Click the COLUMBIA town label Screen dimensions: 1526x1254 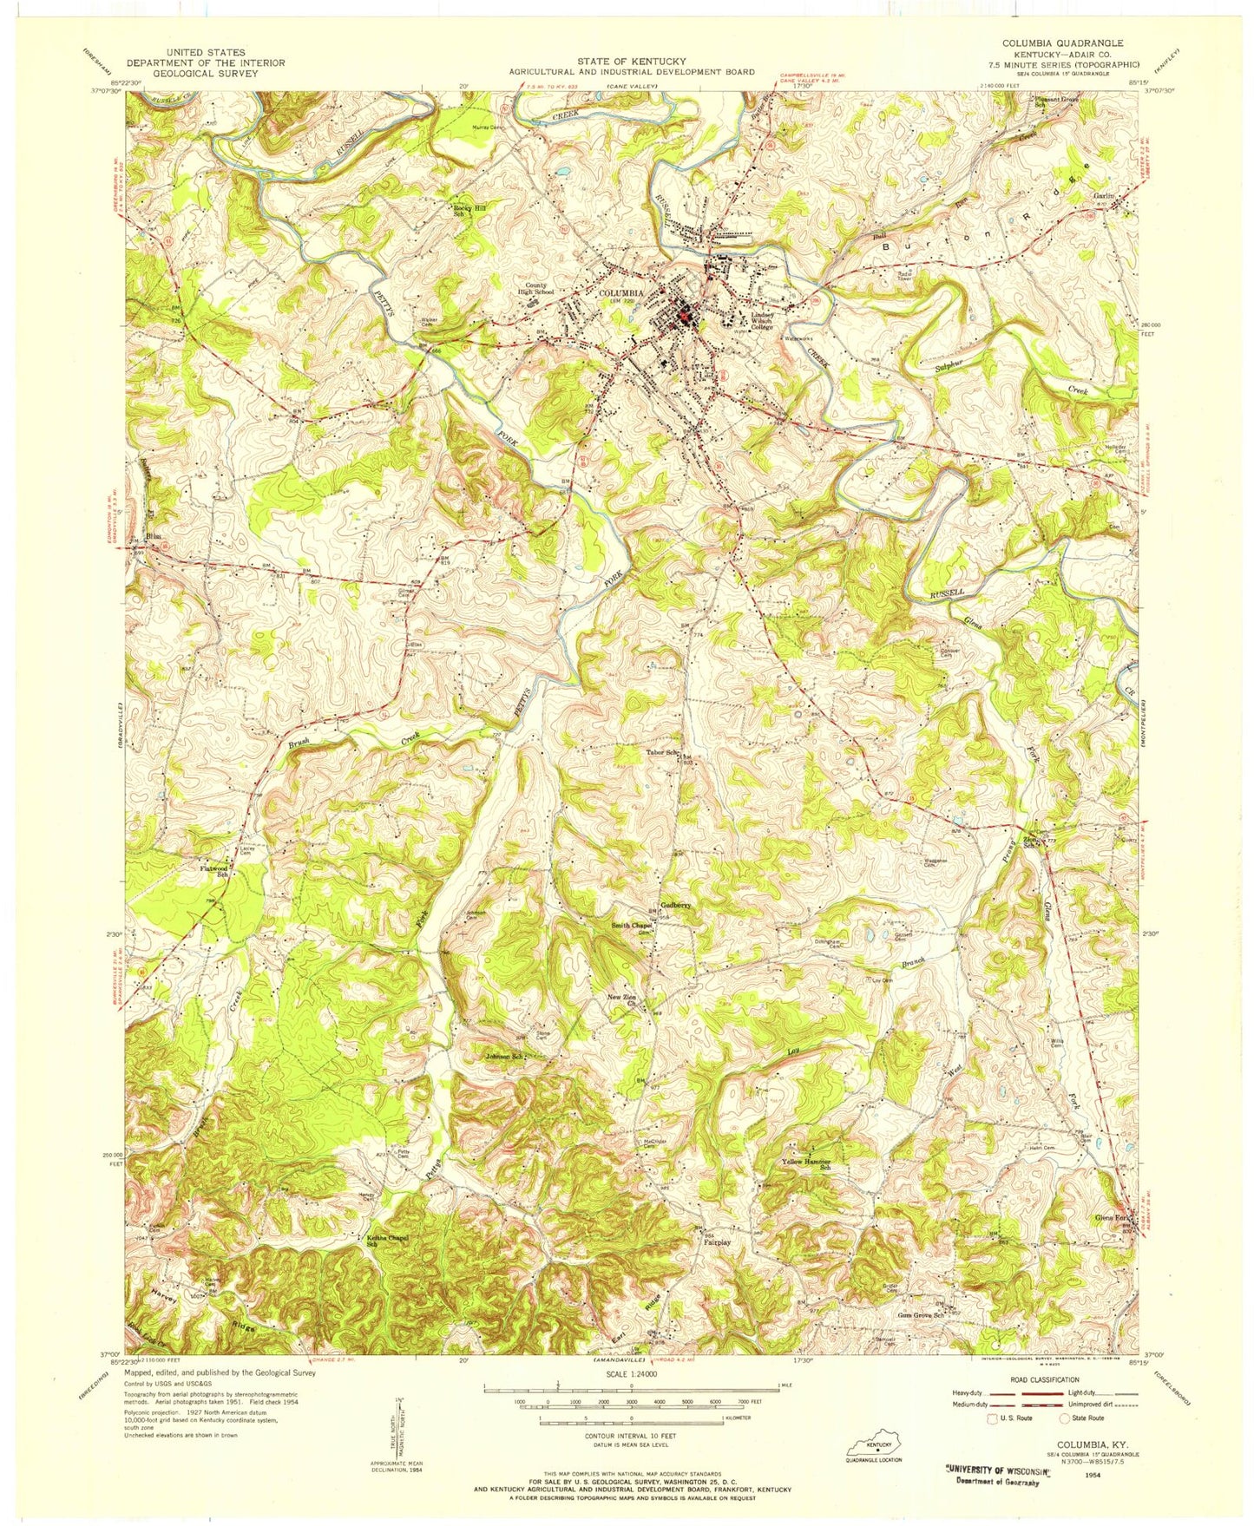tap(621, 293)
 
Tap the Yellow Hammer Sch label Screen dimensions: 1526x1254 tap(807, 1164)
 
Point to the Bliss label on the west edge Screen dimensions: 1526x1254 tap(154, 536)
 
